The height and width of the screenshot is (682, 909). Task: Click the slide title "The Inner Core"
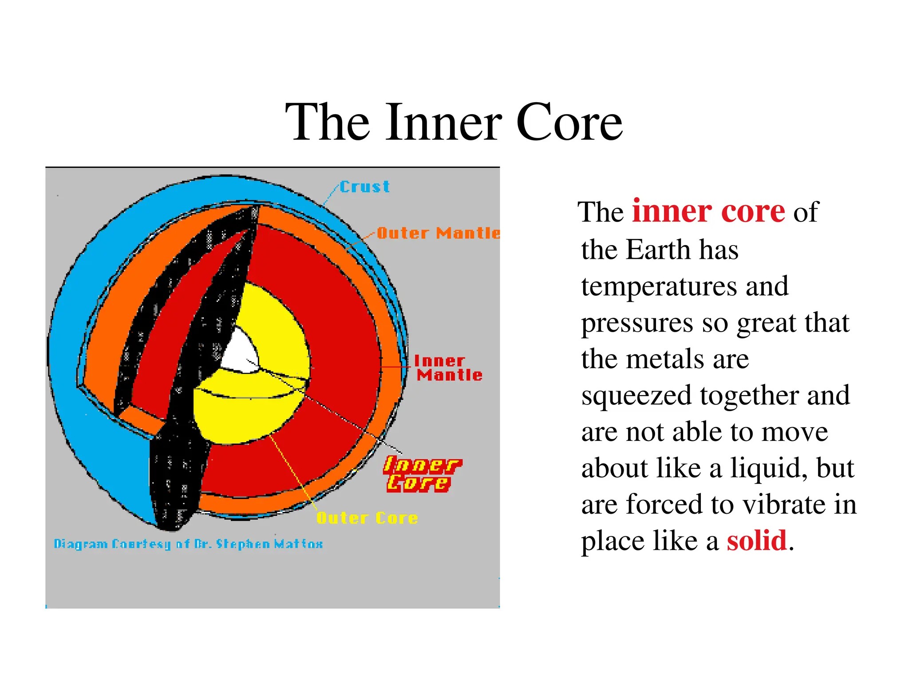point(454,122)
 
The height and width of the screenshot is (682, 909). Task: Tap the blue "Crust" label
point(365,187)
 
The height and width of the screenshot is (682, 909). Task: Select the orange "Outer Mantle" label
point(439,233)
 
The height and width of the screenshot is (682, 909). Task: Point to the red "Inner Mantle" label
point(448,368)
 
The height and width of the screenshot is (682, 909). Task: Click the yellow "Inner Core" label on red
point(422,474)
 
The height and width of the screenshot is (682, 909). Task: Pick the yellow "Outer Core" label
point(367,518)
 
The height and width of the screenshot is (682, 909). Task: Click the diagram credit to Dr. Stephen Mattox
point(188,544)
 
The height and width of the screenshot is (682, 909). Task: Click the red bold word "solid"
point(756,541)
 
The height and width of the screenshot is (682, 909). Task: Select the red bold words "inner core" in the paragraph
point(708,211)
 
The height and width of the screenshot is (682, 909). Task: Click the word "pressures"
point(637,323)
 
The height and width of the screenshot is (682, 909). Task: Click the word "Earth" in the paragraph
point(658,250)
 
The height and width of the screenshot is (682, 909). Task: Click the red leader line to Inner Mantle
point(396,367)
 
